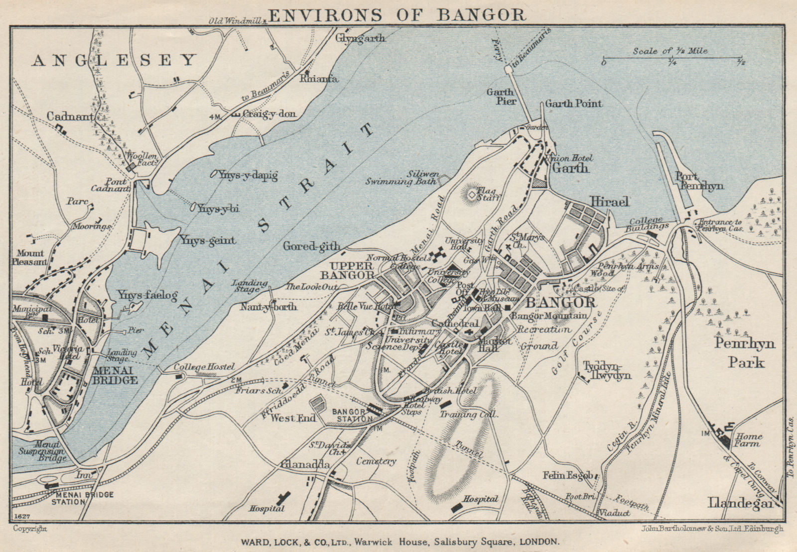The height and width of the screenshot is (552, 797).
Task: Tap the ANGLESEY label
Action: (115, 61)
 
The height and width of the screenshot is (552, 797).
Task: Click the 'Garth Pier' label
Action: (501, 96)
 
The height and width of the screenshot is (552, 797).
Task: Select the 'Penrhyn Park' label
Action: (745, 352)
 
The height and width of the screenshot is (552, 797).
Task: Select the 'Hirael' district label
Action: (610, 201)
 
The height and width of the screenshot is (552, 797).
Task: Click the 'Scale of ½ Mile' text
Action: (670, 51)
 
